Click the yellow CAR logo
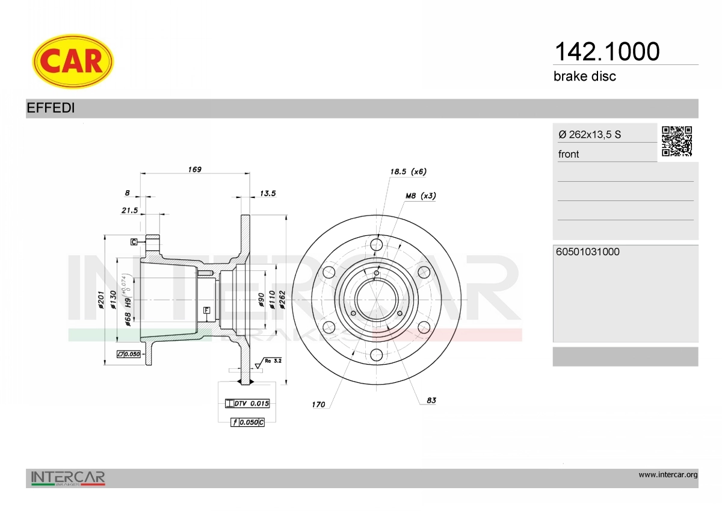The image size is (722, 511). click(x=73, y=61)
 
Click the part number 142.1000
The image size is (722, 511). click(x=607, y=52)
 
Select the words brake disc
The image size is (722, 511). click(x=584, y=76)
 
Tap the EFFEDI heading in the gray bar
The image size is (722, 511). click(x=51, y=108)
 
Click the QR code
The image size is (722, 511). click(x=677, y=141)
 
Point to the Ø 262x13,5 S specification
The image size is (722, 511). click(x=590, y=134)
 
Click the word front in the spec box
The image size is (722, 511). click(x=569, y=154)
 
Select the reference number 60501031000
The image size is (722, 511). click(x=588, y=252)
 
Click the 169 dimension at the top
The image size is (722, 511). click(x=195, y=169)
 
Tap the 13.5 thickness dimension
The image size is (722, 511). click(x=268, y=193)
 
